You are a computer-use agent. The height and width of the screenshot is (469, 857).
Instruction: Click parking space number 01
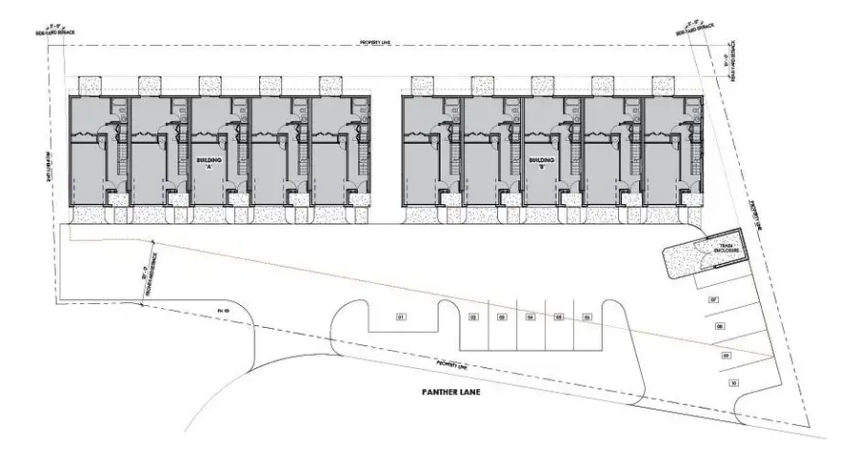[x=401, y=316]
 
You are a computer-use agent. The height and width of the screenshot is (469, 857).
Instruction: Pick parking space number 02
[x=473, y=316]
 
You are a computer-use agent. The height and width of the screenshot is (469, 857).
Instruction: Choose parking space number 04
[x=530, y=316]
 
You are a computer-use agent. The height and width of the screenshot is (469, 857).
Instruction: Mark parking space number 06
[x=588, y=316]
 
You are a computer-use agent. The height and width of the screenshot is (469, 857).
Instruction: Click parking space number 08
[x=720, y=326]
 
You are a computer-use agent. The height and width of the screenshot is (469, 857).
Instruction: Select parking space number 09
[x=727, y=356]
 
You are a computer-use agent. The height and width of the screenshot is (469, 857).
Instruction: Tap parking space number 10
[x=733, y=382]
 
